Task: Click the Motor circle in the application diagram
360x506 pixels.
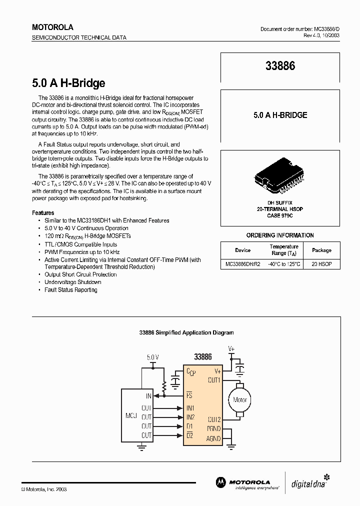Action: click(x=240, y=399)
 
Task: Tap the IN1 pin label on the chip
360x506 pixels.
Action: click(x=190, y=408)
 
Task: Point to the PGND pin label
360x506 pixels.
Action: click(x=213, y=428)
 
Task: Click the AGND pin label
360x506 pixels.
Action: click(x=213, y=438)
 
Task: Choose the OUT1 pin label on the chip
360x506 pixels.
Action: click(x=214, y=380)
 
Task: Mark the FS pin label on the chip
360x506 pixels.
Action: click(x=189, y=395)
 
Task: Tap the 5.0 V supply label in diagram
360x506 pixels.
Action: click(x=152, y=357)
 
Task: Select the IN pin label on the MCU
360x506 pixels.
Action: click(x=148, y=395)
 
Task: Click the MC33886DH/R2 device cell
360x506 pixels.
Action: click(x=242, y=263)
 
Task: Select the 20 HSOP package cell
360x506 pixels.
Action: click(x=321, y=263)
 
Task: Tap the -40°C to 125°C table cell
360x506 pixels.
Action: click(x=284, y=263)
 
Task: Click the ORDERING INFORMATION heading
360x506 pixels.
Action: click(x=280, y=235)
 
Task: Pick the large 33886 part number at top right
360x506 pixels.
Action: click(x=280, y=66)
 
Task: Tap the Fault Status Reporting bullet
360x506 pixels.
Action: click(x=71, y=290)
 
